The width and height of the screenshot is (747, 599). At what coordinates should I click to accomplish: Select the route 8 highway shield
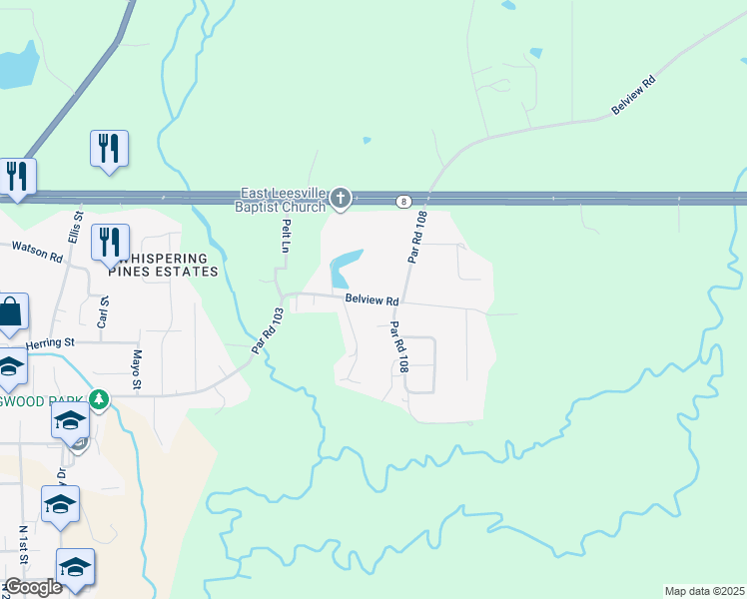pyautogui.click(x=403, y=201)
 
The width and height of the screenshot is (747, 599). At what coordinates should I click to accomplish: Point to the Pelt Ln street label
pyautogui.click(x=285, y=236)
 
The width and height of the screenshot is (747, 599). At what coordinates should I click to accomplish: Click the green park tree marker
pyautogui.click(x=98, y=400)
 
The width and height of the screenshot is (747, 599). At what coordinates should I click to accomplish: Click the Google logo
pyautogui.click(x=32, y=587)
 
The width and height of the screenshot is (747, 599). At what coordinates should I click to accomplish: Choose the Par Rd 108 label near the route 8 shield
pyautogui.click(x=417, y=237)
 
